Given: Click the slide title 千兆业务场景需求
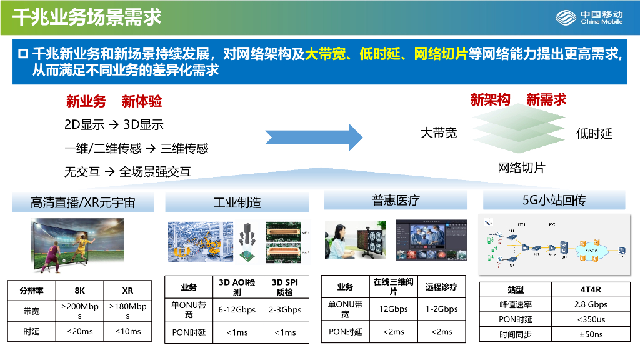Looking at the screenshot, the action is pos(87,17).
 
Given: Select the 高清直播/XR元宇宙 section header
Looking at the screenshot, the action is pos(83,202).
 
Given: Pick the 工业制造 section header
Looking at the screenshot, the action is pos(237,202).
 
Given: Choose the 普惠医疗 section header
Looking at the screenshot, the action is pos(396,200).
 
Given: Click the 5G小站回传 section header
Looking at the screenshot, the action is pos(554,200).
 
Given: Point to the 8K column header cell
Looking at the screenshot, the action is pos(79,291).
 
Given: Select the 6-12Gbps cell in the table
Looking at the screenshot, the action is pos(237,309).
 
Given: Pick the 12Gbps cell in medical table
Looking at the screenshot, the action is pos(393,309).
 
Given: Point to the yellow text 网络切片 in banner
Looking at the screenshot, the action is pos(441,54).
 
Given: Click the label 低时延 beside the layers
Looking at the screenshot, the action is pos(594,133).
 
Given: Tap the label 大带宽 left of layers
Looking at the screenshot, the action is pos(438,132).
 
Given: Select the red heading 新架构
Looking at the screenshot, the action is pos(490,99).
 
